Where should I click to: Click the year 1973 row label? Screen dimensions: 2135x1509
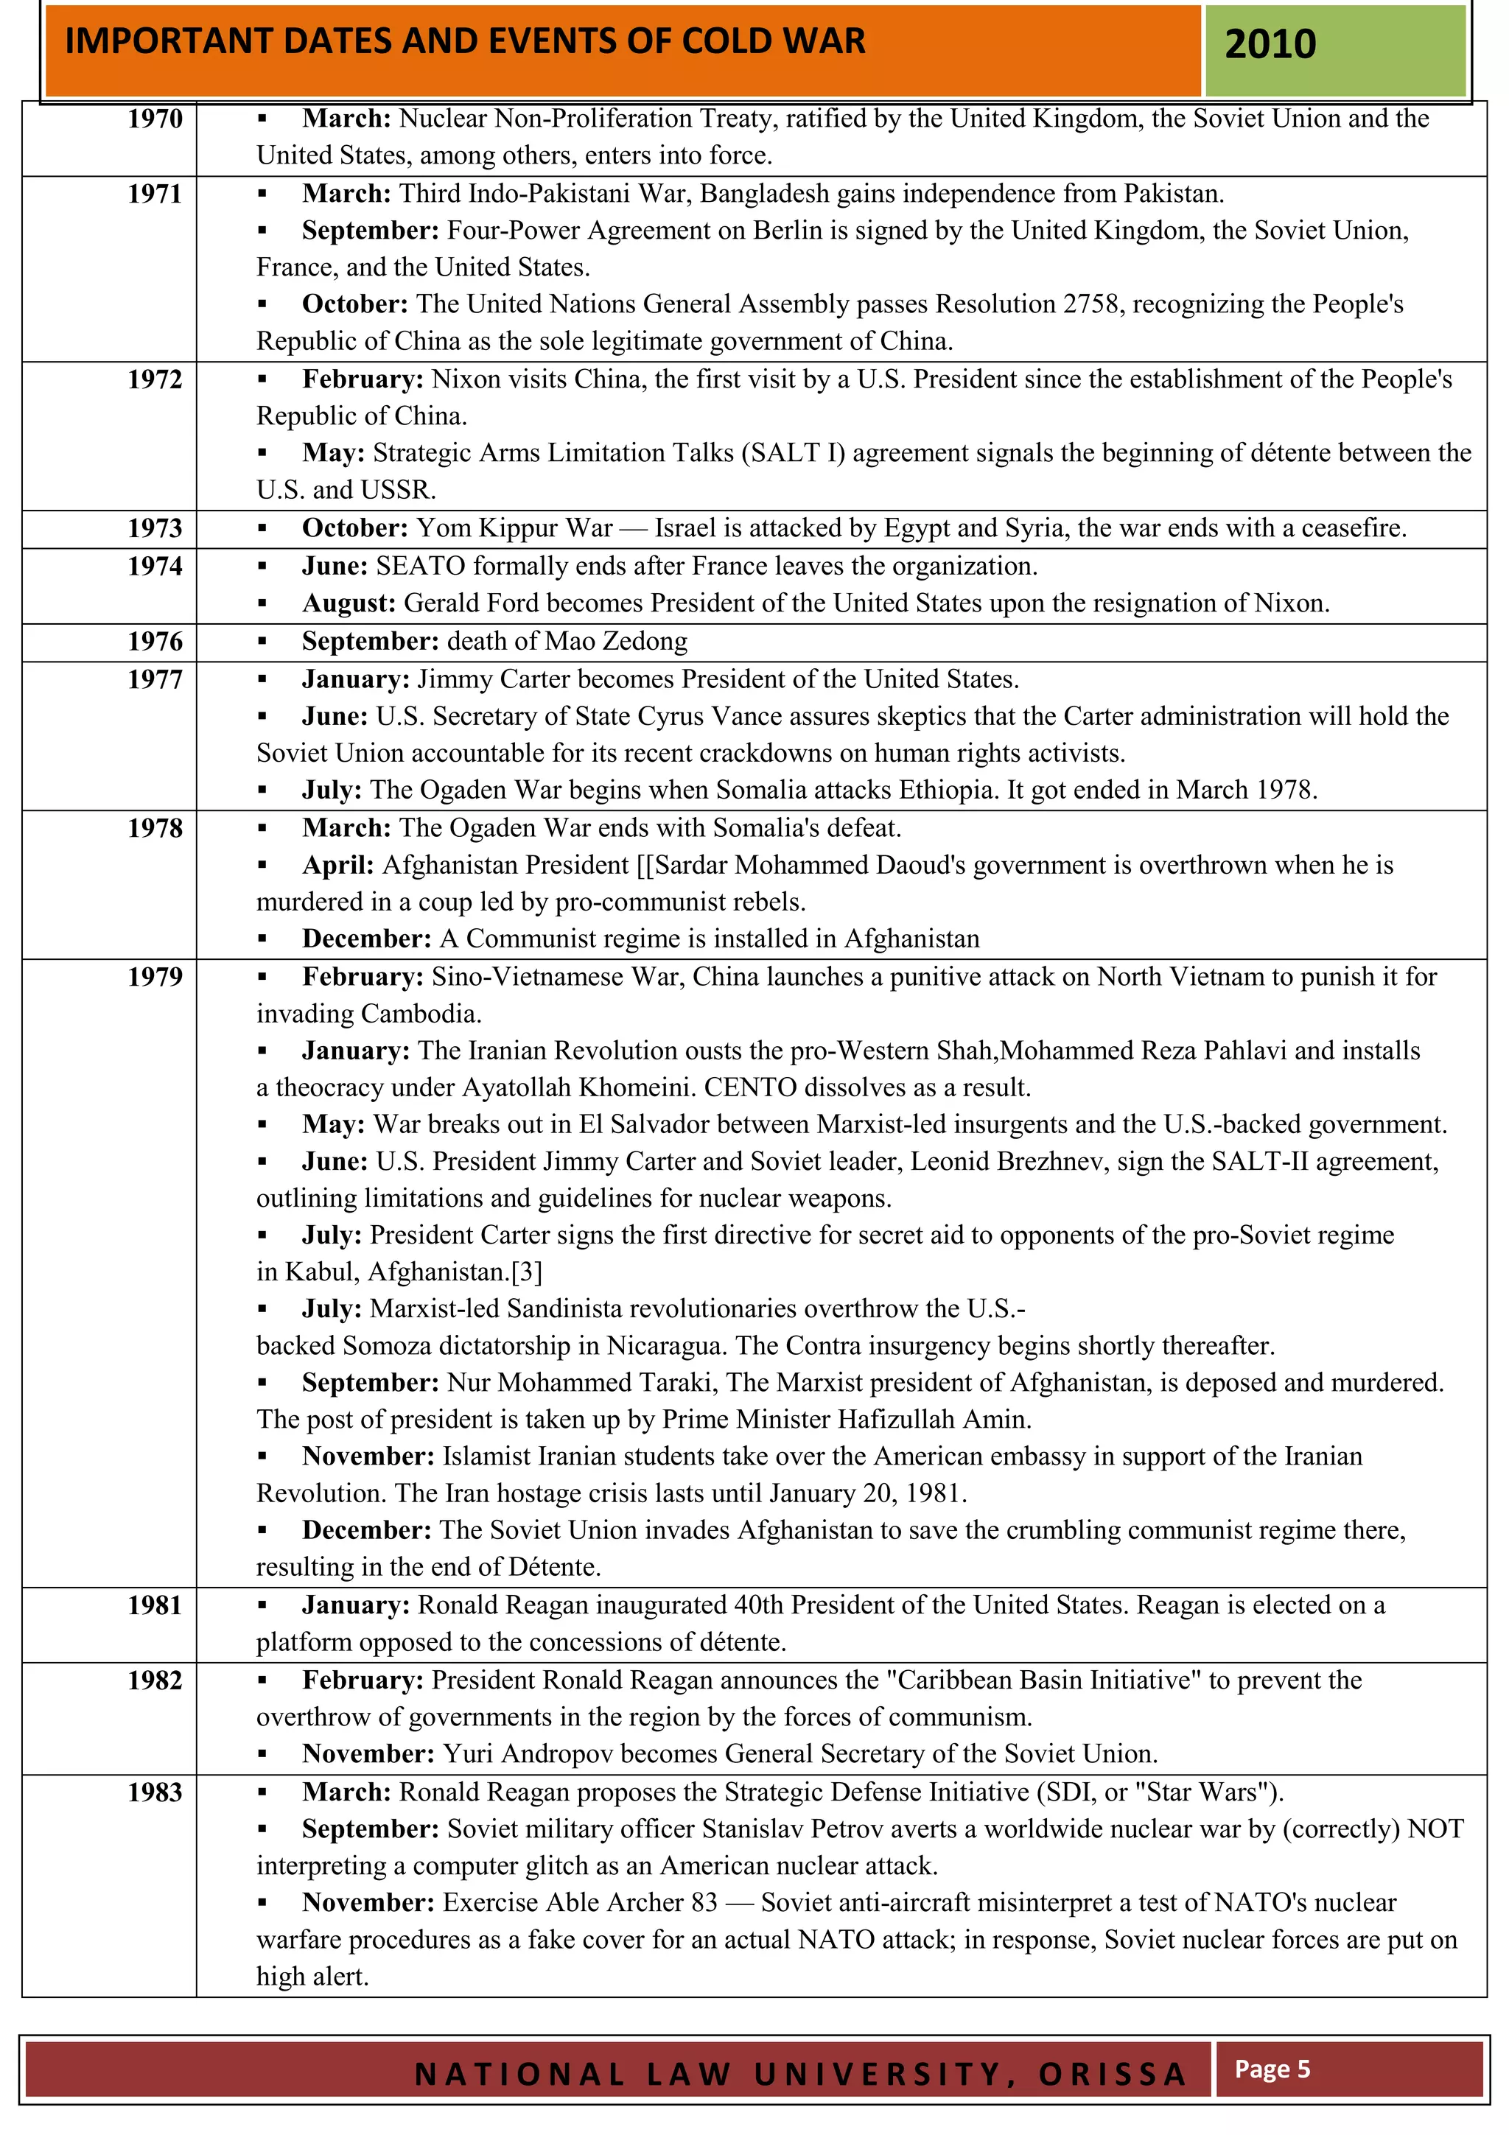tap(155, 528)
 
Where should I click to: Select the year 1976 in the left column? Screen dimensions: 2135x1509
tap(155, 642)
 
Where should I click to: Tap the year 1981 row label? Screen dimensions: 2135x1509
tap(155, 1606)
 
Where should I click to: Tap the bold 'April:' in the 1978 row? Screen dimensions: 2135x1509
tap(337, 865)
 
